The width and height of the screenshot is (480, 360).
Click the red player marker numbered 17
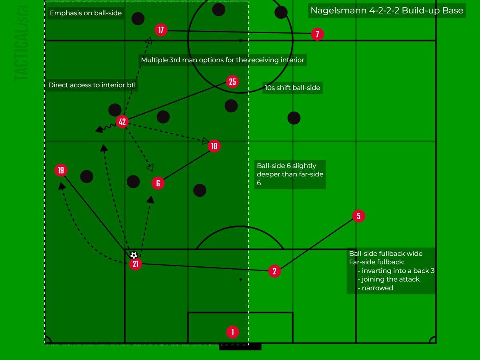(161, 30)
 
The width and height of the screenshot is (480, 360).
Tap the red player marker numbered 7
(317, 34)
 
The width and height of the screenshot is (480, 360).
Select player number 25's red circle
(232, 82)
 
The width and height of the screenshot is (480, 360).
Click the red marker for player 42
(122, 122)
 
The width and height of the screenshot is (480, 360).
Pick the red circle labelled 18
(214, 146)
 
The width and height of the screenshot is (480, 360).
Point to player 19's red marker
(60, 170)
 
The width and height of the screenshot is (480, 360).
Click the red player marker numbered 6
(158, 183)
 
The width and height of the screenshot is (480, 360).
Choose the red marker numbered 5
(358, 216)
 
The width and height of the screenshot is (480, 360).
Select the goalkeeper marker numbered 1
(232, 332)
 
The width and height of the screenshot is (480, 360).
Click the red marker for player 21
(135, 264)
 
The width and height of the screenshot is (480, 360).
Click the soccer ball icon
(134, 255)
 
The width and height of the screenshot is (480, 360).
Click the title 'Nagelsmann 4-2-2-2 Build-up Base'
(387, 10)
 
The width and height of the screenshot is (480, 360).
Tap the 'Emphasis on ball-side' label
(86, 14)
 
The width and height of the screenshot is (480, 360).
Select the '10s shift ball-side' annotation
(292, 88)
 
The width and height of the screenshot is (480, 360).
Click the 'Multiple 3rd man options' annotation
(223, 60)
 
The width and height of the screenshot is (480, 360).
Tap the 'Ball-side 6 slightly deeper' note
(290, 174)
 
